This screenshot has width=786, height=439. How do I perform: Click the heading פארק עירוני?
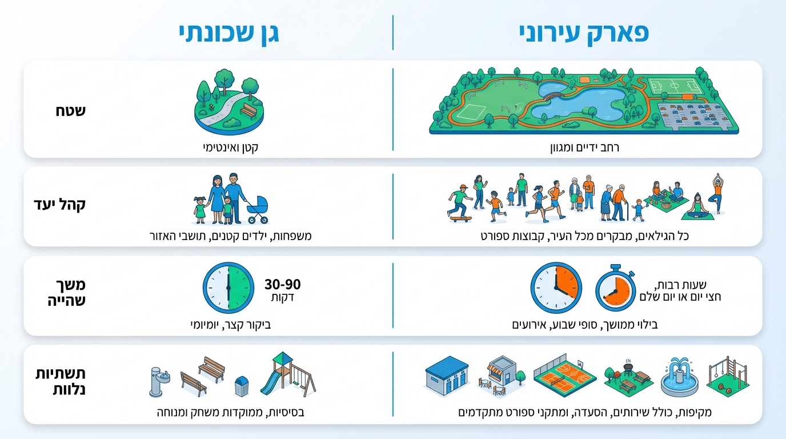tap(584, 34)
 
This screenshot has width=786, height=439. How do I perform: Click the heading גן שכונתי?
tap(229, 34)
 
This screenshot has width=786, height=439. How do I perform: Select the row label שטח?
tap(70, 111)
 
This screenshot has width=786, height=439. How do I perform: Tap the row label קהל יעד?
tap(59, 205)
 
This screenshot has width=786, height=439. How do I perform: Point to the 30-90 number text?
tap(282, 285)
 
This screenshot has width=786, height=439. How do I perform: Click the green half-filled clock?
tap(228, 288)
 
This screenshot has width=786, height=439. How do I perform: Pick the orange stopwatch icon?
tap(615, 289)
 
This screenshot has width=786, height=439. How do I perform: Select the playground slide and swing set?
tap(288, 374)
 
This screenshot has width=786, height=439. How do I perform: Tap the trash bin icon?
tap(242, 386)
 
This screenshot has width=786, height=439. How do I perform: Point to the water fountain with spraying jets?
tap(679, 377)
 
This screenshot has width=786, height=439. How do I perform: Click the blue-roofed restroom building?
tap(447, 376)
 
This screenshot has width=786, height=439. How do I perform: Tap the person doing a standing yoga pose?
tap(717, 193)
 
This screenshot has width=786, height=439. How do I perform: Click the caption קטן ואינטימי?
tap(231, 147)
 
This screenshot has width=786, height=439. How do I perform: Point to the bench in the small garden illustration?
tap(249, 111)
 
